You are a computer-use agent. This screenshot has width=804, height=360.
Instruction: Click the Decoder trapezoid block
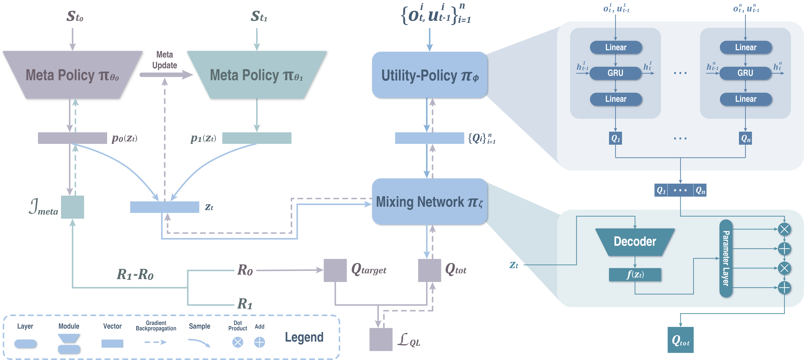pos(635,242)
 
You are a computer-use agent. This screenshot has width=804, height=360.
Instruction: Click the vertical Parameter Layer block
pos(726,258)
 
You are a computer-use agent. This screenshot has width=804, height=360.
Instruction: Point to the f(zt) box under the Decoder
pos(635,275)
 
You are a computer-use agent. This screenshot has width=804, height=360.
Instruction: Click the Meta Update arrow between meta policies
pos(165,75)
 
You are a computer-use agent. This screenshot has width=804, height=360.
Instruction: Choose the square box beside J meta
pos(72,207)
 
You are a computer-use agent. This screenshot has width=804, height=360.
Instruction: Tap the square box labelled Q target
pos(335,270)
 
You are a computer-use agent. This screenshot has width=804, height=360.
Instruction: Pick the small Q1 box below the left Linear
pos(615,138)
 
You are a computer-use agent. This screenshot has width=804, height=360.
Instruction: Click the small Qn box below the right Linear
pos(745,138)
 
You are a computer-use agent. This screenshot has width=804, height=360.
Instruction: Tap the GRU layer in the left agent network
pos(615,73)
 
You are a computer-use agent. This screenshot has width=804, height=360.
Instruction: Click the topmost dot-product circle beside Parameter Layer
pos(784,229)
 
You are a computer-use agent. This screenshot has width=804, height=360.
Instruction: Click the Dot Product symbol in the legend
pos(237,342)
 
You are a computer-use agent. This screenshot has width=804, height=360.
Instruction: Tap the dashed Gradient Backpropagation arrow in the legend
pos(155,342)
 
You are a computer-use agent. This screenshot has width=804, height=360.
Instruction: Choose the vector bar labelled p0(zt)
pos(72,138)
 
